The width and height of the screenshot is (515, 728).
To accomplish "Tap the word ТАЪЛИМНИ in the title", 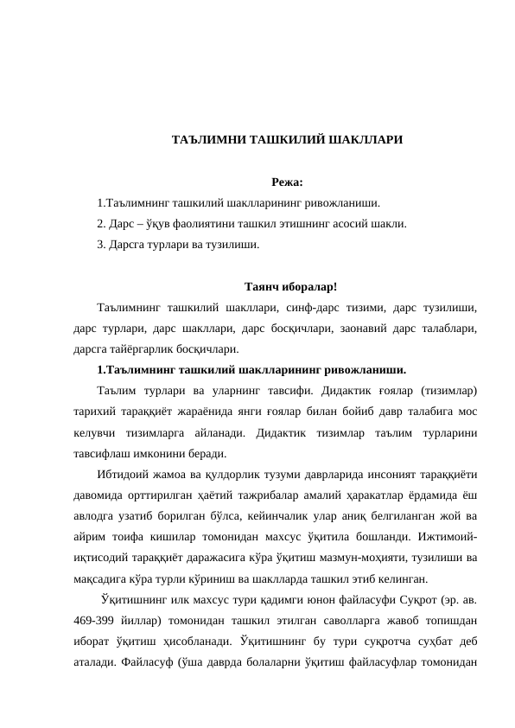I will point(204,139).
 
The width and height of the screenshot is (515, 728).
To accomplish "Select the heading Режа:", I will point(287,182).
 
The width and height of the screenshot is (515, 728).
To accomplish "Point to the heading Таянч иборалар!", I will point(291,286).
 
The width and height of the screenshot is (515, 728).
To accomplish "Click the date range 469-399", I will point(96,621).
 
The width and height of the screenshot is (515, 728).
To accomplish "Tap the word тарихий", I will point(93,412).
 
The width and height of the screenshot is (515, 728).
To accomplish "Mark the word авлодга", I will point(97,516).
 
